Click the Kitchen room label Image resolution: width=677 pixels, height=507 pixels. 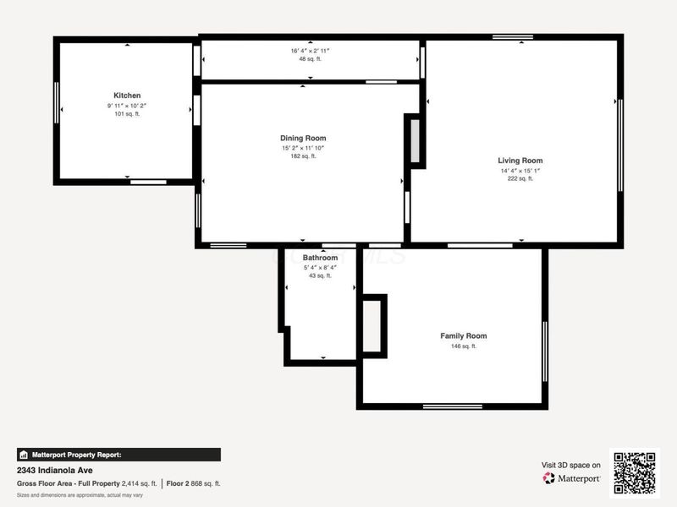(x=127, y=95)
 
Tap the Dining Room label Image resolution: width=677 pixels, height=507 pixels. (x=303, y=138)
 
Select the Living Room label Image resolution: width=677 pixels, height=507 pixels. (x=520, y=161)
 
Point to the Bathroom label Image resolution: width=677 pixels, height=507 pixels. (x=320, y=258)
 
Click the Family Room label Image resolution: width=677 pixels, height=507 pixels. (x=464, y=335)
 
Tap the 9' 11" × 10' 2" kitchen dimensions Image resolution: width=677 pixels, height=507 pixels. (x=127, y=106)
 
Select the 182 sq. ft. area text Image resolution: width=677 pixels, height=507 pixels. (x=303, y=156)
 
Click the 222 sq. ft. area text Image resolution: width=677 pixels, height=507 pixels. (x=520, y=178)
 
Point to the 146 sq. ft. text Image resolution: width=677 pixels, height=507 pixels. (x=464, y=346)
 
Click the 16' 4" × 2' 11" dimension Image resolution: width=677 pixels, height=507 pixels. (x=310, y=51)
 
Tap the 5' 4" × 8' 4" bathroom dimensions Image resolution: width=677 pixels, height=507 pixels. (x=320, y=268)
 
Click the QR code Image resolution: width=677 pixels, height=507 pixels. (x=635, y=473)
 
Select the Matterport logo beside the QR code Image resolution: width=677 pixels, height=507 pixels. (x=571, y=478)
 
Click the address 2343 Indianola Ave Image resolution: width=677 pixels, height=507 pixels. (x=55, y=471)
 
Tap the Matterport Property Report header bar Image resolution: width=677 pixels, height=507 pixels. (x=118, y=455)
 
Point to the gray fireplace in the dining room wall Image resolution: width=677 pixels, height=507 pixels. (x=415, y=141)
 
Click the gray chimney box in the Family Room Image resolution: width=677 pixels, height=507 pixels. (x=372, y=326)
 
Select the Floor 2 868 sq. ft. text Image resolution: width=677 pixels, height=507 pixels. (x=194, y=483)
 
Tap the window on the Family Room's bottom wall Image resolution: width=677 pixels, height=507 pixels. (x=453, y=406)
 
